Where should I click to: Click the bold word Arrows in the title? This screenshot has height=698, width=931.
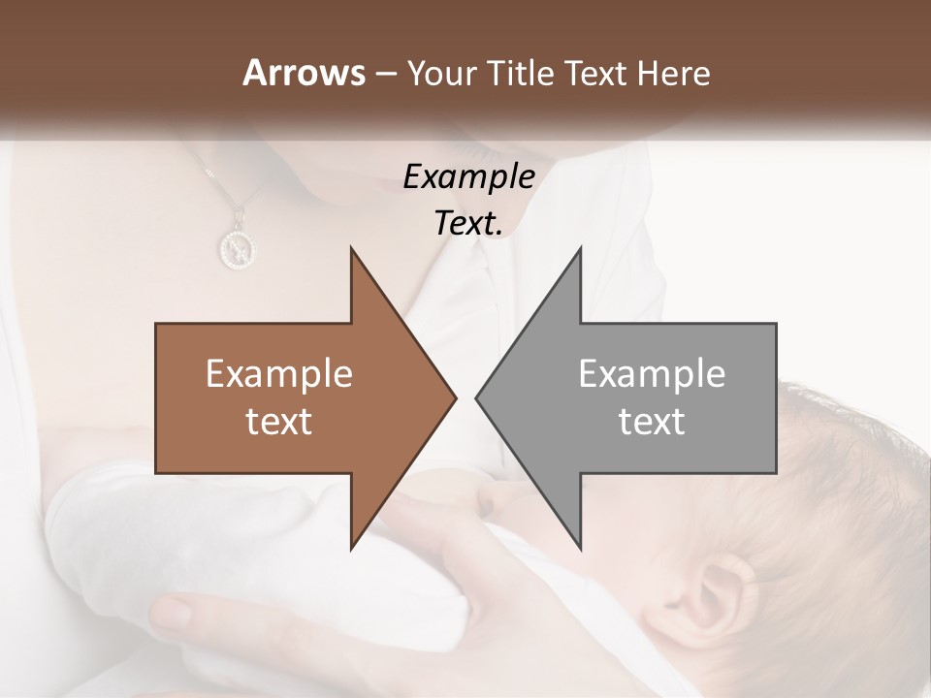tap(304, 73)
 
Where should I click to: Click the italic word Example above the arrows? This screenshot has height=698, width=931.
tap(468, 176)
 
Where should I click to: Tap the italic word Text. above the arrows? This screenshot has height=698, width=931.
tap(468, 223)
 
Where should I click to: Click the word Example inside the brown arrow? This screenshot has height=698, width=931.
tap(279, 373)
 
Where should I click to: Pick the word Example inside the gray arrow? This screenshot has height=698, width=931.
tap(652, 373)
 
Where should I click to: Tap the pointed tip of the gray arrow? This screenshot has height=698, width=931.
tap(477, 397)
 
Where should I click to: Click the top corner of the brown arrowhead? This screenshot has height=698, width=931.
tap(351, 248)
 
